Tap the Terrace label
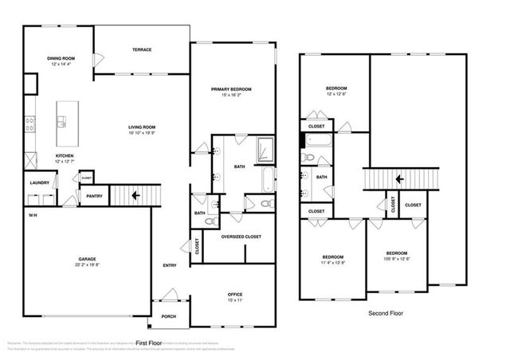coord(142,50)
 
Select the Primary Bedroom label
coord(232,89)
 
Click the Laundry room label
coord(39,182)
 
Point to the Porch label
coord(169,315)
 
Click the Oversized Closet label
coord(241,237)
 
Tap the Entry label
coord(170,265)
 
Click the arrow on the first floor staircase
coord(136,194)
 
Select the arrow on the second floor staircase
coord(398,179)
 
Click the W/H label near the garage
coord(33,215)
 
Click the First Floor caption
coord(150,342)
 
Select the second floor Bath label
coord(322,177)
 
